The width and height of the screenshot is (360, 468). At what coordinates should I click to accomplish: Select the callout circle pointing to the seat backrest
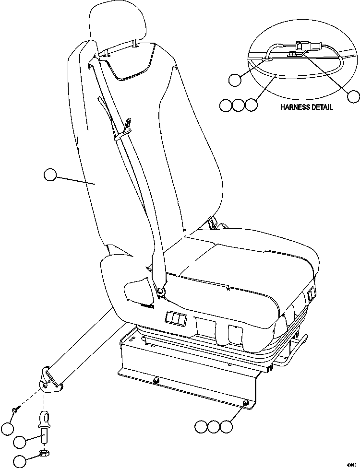click(50, 175)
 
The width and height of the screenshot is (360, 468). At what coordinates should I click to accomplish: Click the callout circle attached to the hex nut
click(20, 461)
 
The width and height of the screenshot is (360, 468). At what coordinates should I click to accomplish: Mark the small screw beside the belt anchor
click(16, 409)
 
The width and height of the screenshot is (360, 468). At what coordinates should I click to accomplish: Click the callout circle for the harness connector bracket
click(354, 96)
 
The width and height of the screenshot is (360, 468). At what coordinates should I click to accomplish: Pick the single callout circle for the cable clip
click(235, 80)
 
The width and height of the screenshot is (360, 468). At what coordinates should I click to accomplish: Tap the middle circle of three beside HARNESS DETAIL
click(239, 105)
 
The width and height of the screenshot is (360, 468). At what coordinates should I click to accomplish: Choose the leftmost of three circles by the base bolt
click(202, 426)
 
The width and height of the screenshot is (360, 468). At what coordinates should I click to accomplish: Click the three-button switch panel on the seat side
click(174, 318)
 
